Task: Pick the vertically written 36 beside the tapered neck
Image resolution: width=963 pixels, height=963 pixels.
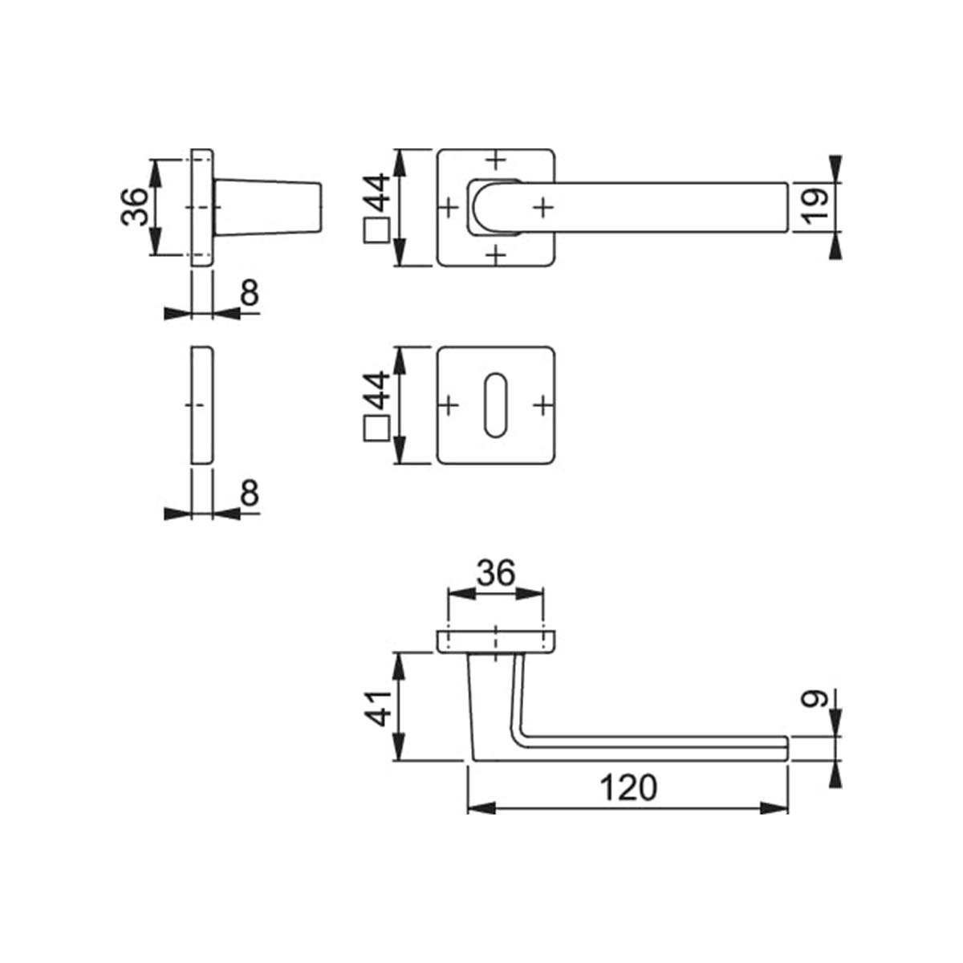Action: (135, 207)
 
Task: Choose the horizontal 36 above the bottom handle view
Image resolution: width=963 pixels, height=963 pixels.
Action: (494, 575)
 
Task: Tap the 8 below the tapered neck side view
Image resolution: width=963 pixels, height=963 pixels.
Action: (250, 295)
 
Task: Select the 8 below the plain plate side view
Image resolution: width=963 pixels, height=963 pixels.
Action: (250, 494)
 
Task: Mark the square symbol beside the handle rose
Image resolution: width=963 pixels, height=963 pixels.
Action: (377, 231)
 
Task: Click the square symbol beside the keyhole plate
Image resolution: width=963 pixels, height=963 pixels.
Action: (377, 429)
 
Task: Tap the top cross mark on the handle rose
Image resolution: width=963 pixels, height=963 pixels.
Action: (497, 160)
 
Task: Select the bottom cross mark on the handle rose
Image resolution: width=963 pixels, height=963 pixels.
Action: (497, 255)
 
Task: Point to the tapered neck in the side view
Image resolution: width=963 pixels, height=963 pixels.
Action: (269, 207)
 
